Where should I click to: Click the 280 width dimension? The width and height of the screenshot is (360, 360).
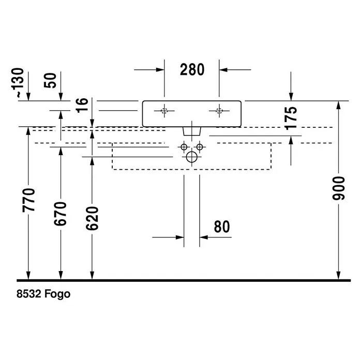[192, 69]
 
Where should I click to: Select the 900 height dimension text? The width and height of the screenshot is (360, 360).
[338, 188]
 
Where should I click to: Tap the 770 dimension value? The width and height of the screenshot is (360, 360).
[28, 200]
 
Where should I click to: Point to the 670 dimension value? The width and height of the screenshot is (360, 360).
[60, 214]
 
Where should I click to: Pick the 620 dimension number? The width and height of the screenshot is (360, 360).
[92, 218]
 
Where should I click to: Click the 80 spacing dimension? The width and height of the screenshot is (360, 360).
[222, 227]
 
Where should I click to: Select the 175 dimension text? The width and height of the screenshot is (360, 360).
[291, 118]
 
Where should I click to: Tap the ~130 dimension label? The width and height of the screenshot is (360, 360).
[17, 83]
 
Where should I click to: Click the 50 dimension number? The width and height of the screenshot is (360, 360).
[50, 80]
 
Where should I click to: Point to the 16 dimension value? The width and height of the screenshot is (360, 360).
[82, 105]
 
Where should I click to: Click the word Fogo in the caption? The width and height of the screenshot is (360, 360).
[57, 294]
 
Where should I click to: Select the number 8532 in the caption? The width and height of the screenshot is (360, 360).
[29, 294]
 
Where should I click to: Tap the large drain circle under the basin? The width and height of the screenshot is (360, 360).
[192, 157]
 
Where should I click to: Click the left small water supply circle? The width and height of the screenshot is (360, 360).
[184, 147]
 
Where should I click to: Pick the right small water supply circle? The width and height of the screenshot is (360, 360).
[200, 147]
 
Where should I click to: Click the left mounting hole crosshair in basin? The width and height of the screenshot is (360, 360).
[164, 111]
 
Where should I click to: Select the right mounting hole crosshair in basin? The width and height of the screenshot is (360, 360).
[219, 111]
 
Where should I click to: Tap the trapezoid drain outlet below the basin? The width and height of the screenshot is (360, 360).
[192, 131]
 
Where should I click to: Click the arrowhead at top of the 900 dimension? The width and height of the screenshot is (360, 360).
[338, 105]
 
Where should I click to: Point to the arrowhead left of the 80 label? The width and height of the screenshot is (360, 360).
[180, 237]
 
